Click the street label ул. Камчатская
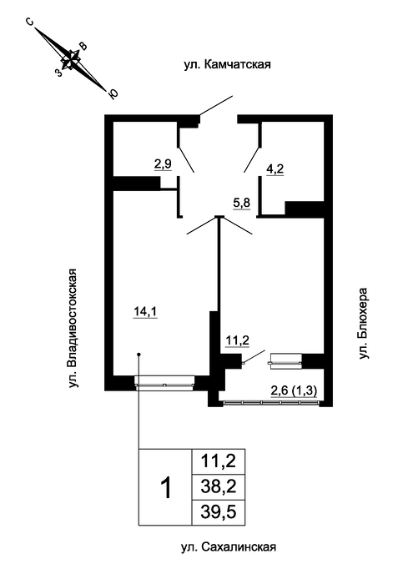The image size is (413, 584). [227, 64]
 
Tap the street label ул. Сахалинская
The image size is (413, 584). [229, 547]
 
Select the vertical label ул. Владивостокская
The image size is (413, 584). [73, 328]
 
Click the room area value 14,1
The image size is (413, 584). [146, 311]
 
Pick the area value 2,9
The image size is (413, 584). [163, 164]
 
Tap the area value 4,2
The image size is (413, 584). [274, 169]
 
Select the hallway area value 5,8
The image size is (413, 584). [242, 204]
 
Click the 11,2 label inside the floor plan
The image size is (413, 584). [237, 340]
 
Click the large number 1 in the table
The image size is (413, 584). [165, 488]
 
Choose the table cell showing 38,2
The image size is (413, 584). [219, 486]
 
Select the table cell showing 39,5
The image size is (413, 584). [219, 512]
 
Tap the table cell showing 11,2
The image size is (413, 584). [219, 461]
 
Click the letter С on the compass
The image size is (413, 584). [29, 23]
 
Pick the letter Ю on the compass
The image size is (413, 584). [113, 94]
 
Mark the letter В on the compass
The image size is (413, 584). [83, 46]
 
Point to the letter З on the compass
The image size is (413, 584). [58, 73]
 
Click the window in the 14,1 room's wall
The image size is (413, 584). [164, 383]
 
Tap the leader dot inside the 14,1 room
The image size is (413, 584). [139, 355]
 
